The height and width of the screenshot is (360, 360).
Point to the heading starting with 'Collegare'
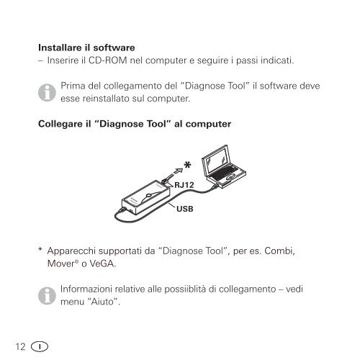coord(133,124)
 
